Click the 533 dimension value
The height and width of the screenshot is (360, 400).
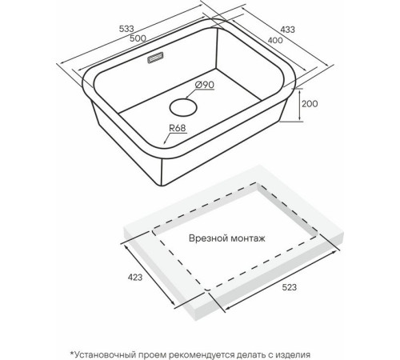(126, 29)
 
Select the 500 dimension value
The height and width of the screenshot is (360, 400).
(138, 38)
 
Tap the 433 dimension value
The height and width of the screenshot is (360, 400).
(287, 30)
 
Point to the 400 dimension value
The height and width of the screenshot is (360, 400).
(275, 40)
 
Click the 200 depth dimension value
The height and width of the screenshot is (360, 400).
(310, 103)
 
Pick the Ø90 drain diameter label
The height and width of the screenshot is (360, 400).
(205, 85)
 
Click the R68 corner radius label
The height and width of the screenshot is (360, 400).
(178, 128)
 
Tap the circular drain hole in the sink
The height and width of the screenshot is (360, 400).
(183, 107)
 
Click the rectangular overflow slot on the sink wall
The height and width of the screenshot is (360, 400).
(155, 58)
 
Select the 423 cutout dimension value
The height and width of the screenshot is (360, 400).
(135, 278)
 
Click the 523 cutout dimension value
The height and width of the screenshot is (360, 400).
(289, 287)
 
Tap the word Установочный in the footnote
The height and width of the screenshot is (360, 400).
(106, 355)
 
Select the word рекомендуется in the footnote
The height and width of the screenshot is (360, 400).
(202, 355)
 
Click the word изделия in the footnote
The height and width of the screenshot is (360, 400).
(293, 355)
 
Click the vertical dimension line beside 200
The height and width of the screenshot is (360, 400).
(300, 105)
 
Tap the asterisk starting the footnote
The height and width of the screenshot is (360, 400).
(71, 354)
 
